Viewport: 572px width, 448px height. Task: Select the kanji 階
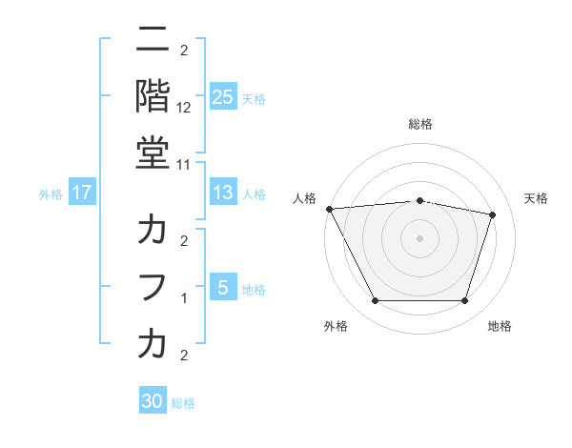pyautogui.click(x=153, y=95)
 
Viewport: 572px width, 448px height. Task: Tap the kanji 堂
pyautogui.click(x=153, y=152)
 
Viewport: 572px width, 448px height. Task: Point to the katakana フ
pyautogui.click(x=153, y=286)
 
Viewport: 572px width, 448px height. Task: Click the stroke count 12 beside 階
pyautogui.click(x=184, y=108)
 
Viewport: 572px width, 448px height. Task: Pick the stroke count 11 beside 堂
pyautogui.click(x=184, y=164)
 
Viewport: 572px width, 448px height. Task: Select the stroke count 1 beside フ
pyautogui.click(x=184, y=298)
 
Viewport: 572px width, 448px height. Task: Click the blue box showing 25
pyautogui.click(x=222, y=97)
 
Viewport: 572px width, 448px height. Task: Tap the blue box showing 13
pyautogui.click(x=222, y=193)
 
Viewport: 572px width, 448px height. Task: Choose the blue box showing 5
pyautogui.click(x=222, y=288)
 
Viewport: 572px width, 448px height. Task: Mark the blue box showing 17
pyautogui.click(x=82, y=193)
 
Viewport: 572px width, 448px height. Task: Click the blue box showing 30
pyautogui.click(x=153, y=401)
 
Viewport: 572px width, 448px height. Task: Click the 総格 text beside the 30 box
pyautogui.click(x=183, y=403)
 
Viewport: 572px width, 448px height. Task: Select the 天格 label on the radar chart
pyautogui.click(x=537, y=198)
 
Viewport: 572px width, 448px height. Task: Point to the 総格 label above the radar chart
pyautogui.click(x=419, y=124)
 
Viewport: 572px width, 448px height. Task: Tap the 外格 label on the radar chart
pyautogui.click(x=335, y=326)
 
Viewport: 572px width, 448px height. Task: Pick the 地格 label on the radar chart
pyautogui.click(x=500, y=326)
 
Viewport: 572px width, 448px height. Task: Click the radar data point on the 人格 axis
pyautogui.click(x=329, y=209)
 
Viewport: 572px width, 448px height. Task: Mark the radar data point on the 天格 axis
pyautogui.click(x=492, y=214)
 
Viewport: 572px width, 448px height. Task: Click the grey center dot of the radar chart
pyautogui.click(x=419, y=237)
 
